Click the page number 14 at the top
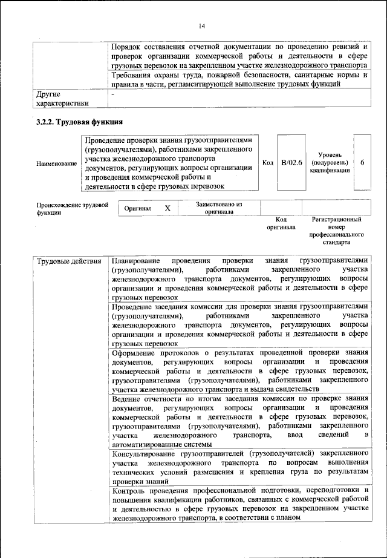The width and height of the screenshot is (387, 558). [201, 25]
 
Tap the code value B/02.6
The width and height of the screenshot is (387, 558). [291, 163]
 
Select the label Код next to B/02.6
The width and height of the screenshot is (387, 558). [268, 163]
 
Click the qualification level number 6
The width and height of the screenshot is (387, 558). [362, 163]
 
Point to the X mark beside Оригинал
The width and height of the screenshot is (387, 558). [167, 208]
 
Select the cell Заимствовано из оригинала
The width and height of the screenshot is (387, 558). [219, 208]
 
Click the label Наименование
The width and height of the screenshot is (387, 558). [57, 163]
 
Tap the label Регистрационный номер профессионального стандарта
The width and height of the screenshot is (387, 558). [336, 231]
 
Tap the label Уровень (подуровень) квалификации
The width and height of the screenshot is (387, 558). [330, 163]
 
